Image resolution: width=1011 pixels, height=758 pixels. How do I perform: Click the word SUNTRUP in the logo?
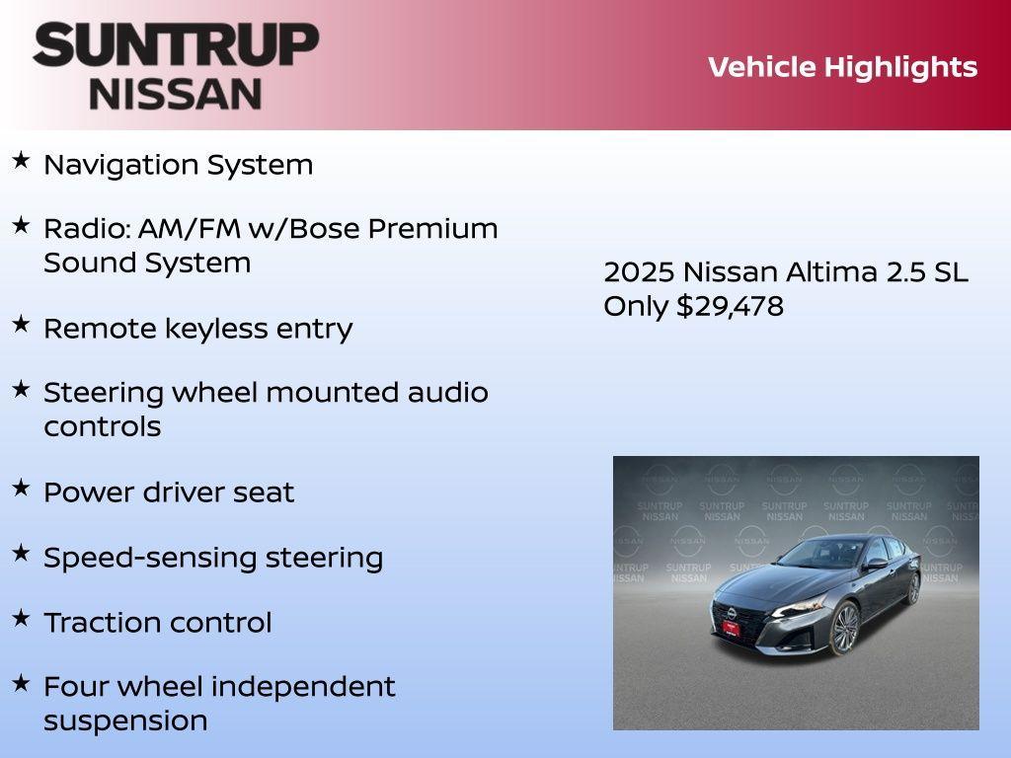click(176, 45)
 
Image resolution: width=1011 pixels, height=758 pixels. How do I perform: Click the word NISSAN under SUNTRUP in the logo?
click(176, 93)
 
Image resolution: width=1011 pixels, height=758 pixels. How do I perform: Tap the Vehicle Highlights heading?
click(842, 67)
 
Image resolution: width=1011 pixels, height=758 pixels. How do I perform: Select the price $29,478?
click(730, 306)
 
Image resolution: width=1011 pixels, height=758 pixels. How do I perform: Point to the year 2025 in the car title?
click(638, 272)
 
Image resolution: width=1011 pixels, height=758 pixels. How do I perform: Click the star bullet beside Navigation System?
click(21, 161)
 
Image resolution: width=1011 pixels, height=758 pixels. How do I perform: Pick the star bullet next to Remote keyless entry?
click(21, 325)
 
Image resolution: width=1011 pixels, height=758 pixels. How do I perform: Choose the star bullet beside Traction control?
click(21, 619)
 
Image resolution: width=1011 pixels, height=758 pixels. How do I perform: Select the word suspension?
click(125, 721)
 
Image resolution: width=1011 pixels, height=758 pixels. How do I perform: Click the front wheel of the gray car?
click(845, 627)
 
